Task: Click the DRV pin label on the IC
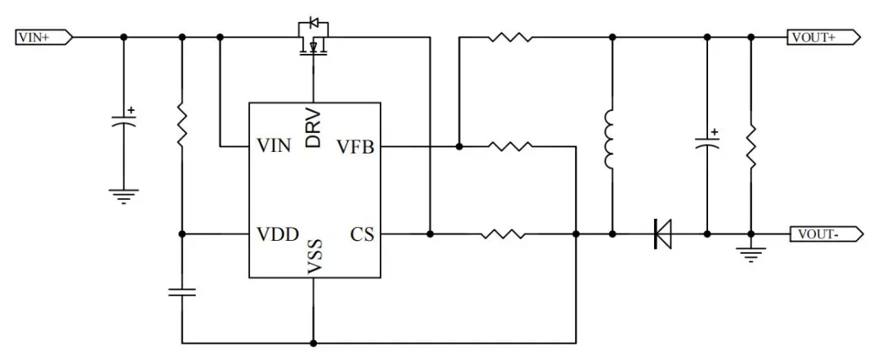click(x=314, y=128)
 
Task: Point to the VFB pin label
click(x=355, y=147)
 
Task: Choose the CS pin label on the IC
click(x=362, y=235)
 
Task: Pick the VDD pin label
click(x=278, y=235)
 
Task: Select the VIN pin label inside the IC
click(x=274, y=147)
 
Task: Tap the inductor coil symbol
click(x=610, y=139)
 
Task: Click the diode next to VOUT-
click(x=662, y=235)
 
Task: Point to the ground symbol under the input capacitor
click(x=124, y=196)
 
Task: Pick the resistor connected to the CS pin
click(x=503, y=235)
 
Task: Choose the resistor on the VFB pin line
click(x=510, y=147)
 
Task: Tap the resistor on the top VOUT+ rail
click(x=511, y=37)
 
